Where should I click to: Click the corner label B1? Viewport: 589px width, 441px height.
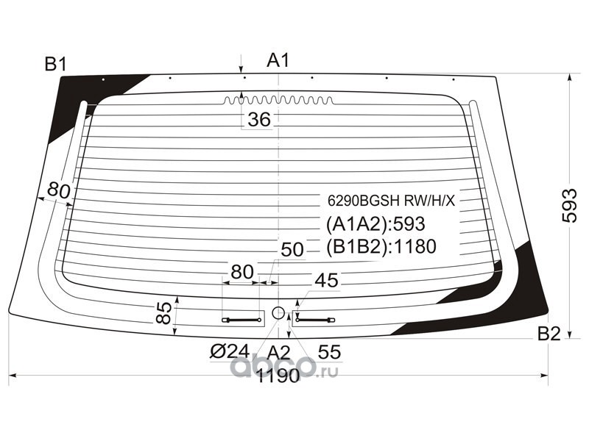click(56, 65)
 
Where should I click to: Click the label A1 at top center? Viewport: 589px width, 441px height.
click(278, 61)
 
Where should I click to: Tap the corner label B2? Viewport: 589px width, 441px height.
click(549, 334)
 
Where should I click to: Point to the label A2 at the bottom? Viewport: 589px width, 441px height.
click(278, 351)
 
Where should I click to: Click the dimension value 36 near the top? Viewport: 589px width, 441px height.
click(258, 119)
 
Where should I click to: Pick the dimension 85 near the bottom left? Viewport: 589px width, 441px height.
click(164, 312)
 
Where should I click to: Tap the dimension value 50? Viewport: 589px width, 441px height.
click(292, 251)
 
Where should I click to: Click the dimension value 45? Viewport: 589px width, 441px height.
click(326, 280)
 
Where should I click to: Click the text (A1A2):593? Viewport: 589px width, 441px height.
click(375, 223)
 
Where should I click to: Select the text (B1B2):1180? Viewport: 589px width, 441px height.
click(381, 246)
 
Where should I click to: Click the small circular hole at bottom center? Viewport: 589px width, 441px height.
click(278, 313)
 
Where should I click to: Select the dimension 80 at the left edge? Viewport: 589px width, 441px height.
click(58, 191)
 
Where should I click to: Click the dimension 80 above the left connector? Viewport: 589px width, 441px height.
click(241, 272)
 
